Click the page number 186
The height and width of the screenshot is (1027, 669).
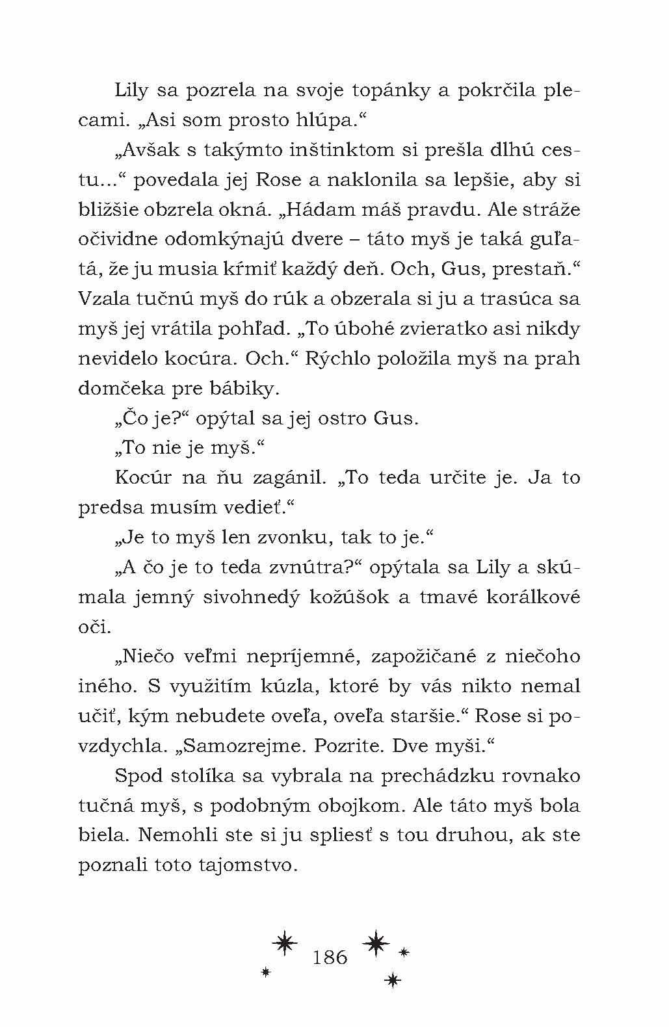[330, 957]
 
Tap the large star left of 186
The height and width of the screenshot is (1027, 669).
[285, 944]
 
